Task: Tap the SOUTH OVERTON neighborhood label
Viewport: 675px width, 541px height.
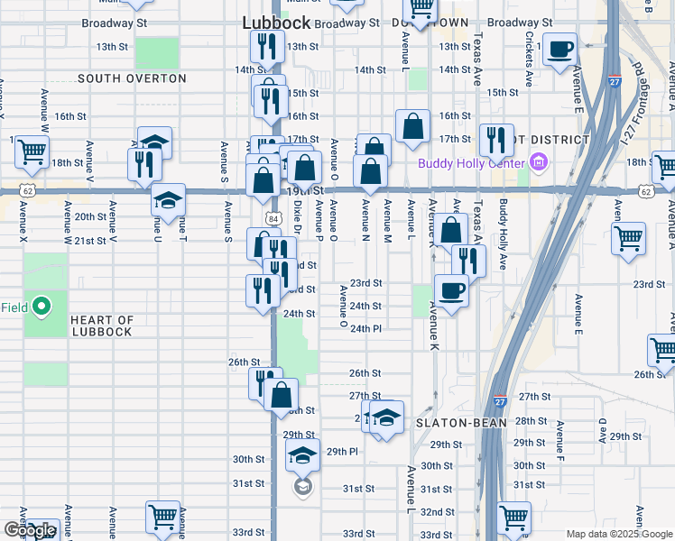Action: [132, 78]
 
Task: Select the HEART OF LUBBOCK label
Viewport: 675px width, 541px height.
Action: [101, 326]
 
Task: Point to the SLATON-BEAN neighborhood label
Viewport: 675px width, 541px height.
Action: [453, 422]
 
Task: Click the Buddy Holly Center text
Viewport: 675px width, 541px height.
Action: [470, 163]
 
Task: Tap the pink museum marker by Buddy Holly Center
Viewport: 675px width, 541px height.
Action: [539, 163]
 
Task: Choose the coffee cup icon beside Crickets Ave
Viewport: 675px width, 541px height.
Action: [560, 50]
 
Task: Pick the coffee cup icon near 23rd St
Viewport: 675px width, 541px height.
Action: [452, 291]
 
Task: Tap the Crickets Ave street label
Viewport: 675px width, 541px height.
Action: [529, 55]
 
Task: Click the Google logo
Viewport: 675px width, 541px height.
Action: [30, 530]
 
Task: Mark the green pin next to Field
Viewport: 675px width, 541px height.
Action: [41, 307]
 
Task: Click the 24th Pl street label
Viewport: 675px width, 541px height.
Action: [366, 329]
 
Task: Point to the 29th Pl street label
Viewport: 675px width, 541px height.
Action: [342, 451]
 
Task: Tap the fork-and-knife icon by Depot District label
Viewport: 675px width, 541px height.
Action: [496, 140]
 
